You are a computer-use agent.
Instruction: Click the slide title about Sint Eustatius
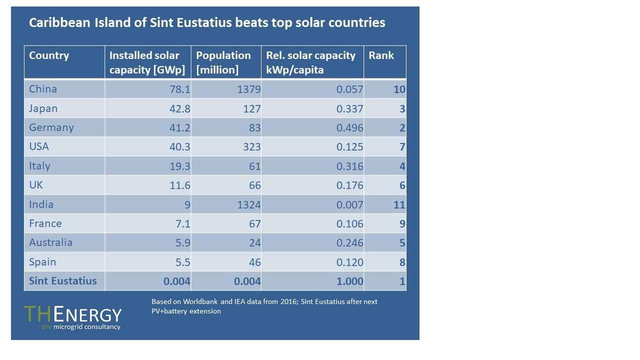coord(207,23)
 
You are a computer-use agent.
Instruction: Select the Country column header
coord(49,55)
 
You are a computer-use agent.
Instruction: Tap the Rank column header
coord(381,55)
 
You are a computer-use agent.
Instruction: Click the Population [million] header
coord(223,62)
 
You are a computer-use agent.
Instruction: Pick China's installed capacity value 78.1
coord(177,89)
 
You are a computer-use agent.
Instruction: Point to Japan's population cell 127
coord(251,108)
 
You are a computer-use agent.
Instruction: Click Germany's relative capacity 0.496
coord(349,128)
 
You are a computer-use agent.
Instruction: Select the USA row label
coord(39,147)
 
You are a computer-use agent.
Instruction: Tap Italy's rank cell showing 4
coord(402,166)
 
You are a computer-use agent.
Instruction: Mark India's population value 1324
coord(248,205)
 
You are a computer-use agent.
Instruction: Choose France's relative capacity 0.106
coord(349,224)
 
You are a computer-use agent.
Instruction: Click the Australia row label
coord(50,242)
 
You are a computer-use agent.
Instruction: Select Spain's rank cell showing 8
coord(402,262)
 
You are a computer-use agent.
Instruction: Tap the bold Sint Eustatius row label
coord(62,281)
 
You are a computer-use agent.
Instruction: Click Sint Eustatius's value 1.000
coord(349,281)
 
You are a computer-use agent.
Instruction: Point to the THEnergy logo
coord(72,314)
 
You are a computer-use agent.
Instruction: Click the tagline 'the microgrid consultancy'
coord(80,327)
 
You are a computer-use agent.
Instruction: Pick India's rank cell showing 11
coord(399,205)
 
